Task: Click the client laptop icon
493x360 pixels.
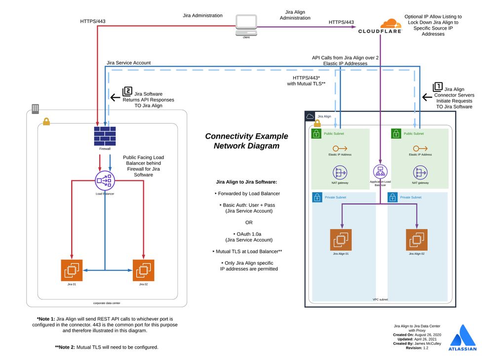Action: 246,24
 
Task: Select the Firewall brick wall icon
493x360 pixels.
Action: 105,135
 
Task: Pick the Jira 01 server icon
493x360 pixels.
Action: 72,270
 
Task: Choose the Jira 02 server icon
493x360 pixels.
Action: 143,270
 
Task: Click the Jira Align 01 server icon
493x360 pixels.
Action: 341,240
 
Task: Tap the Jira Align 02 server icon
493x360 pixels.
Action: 417,240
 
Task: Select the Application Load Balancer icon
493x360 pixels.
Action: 380,172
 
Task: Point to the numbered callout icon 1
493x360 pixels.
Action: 437,87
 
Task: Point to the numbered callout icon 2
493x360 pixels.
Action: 127,91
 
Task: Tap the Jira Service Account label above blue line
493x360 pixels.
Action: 129,63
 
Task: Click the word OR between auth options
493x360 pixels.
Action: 249,222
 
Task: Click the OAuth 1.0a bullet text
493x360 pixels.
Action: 249,234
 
